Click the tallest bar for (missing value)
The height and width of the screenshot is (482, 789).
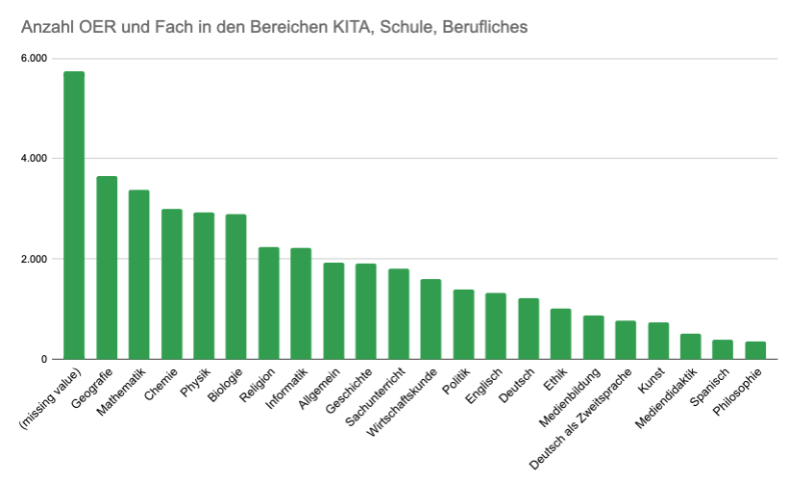pos(74,216)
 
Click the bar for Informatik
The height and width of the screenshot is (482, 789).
pos(301,303)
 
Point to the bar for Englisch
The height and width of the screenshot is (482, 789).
pos(496,326)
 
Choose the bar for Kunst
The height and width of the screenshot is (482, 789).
pos(658,341)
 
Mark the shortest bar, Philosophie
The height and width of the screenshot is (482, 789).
pos(755,350)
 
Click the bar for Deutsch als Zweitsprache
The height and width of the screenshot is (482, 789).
pos(626,340)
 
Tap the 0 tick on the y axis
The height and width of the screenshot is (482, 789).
pos(43,359)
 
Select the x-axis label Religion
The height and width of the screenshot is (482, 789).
pos(259,386)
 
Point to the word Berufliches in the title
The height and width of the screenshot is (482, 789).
pos(480,27)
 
